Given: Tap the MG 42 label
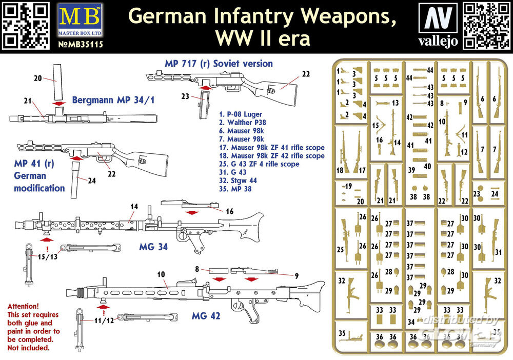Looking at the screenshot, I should (x=205, y=316).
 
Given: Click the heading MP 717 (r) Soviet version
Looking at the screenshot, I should (x=219, y=64).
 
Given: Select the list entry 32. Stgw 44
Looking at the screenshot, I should (x=239, y=181).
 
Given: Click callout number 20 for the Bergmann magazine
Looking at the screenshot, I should (x=37, y=78).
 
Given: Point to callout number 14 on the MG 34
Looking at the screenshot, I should (x=134, y=207).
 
